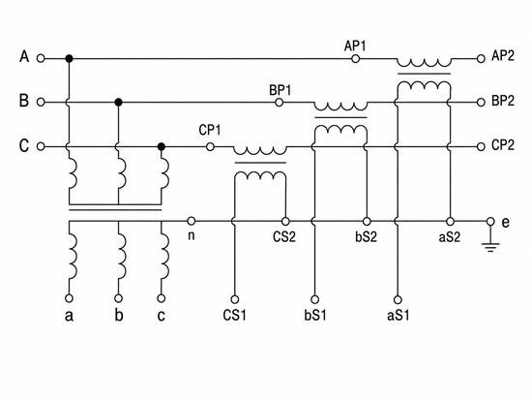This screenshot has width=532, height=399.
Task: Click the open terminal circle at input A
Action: (x=41, y=58)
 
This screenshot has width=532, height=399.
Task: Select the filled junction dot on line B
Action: (x=118, y=102)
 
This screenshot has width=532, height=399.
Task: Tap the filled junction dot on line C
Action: (x=162, y=146)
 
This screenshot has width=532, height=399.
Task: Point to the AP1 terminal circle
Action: (x=355, y=59)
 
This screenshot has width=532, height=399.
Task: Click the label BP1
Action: (x=281, y=90)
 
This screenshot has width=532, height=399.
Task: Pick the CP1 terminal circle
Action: (x=210, y=146)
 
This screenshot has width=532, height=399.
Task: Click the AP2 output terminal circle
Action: (x=481, y=59)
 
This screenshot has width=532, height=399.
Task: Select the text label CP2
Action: (x=503, y=145)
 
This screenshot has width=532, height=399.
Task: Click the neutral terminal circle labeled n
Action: (x=192, y=221)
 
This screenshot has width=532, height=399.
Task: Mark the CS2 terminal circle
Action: (x=285, y=222)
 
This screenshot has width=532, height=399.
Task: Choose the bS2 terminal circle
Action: (x=367, y=222)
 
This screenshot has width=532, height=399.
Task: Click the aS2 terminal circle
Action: (x=450, y=222)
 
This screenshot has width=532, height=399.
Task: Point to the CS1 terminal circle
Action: (x=234, y=299)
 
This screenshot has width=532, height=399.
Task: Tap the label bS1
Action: (x=315, y=315)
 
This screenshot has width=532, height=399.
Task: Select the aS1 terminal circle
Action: (x=398, y=300)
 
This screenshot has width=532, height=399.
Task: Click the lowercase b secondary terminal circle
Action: (x=118, y=298)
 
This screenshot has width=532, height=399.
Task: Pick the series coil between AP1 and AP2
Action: (x=424, y=63)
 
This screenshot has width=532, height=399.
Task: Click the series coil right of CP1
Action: (x=260, y=151)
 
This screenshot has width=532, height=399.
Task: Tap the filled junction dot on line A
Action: (x=70, y=58)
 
